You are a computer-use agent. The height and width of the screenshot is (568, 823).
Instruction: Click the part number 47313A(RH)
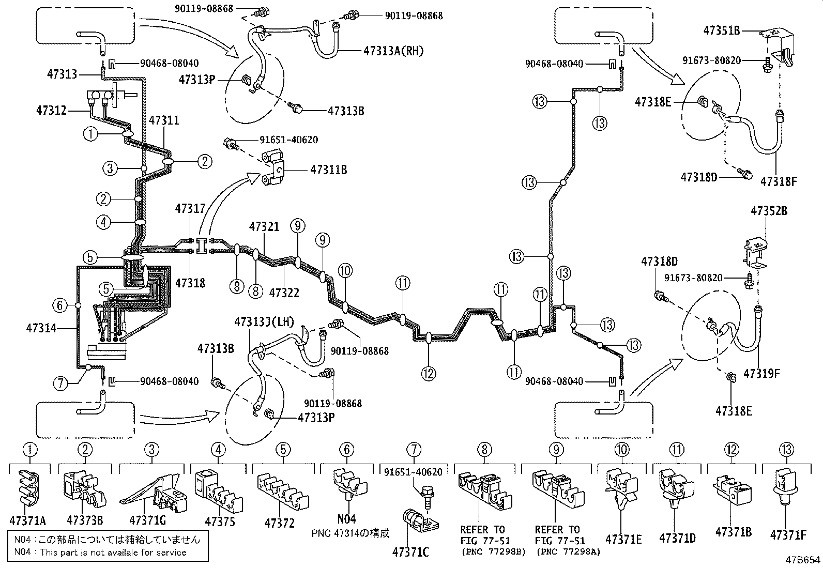(x=393, y=51)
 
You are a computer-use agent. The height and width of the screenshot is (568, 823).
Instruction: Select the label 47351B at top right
(x=721, y=30)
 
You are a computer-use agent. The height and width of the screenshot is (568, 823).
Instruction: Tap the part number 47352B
(x=769, y=211)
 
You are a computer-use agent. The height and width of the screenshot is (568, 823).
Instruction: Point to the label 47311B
(x=328, y=169)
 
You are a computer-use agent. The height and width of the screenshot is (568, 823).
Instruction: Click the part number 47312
(x=51, y=110)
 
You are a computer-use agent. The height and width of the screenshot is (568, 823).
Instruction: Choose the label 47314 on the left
(x=41, y=328)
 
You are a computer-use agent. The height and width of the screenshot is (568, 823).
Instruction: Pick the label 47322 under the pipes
(x=284, y=293)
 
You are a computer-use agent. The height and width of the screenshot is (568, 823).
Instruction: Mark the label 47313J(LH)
(x=264, y=321)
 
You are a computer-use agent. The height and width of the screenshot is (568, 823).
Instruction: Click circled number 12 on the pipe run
(x=429, y=373)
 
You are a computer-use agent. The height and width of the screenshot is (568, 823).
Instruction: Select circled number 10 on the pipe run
(x=345, y=270)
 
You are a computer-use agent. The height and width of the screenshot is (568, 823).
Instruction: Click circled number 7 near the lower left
(x=60, y=383)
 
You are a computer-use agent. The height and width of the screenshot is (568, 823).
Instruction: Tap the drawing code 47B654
(x=803, y=560)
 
